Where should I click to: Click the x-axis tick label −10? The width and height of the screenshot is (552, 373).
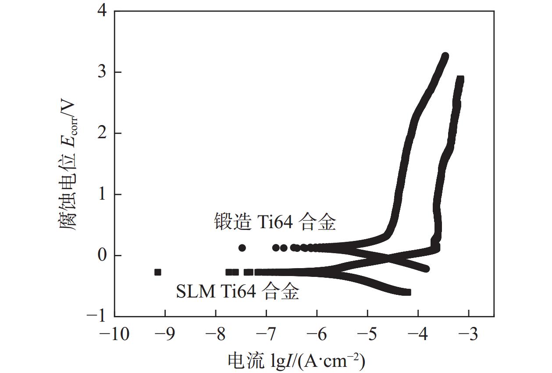click(x=114, y=335)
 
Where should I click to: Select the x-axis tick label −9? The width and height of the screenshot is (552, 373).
click(x=165, y=335)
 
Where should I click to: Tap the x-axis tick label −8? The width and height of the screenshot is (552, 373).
click(x=216, y=335)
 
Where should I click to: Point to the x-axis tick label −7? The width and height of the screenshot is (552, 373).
click(x=266, y=335)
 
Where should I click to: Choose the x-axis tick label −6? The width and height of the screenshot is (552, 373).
click(x=317, y=335)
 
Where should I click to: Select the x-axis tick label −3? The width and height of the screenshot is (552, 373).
click(x=469, y=335)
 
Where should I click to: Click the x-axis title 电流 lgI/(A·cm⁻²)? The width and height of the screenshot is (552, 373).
click(x=297, y=361)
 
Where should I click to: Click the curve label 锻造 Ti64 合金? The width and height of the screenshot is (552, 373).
click(x=275, y=222)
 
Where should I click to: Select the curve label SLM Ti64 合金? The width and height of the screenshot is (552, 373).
click(x=238, y=291)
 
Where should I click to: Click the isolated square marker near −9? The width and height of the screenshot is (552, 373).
click(x=158, y=272)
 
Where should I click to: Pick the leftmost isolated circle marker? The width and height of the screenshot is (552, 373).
click(x=242, y=248)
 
